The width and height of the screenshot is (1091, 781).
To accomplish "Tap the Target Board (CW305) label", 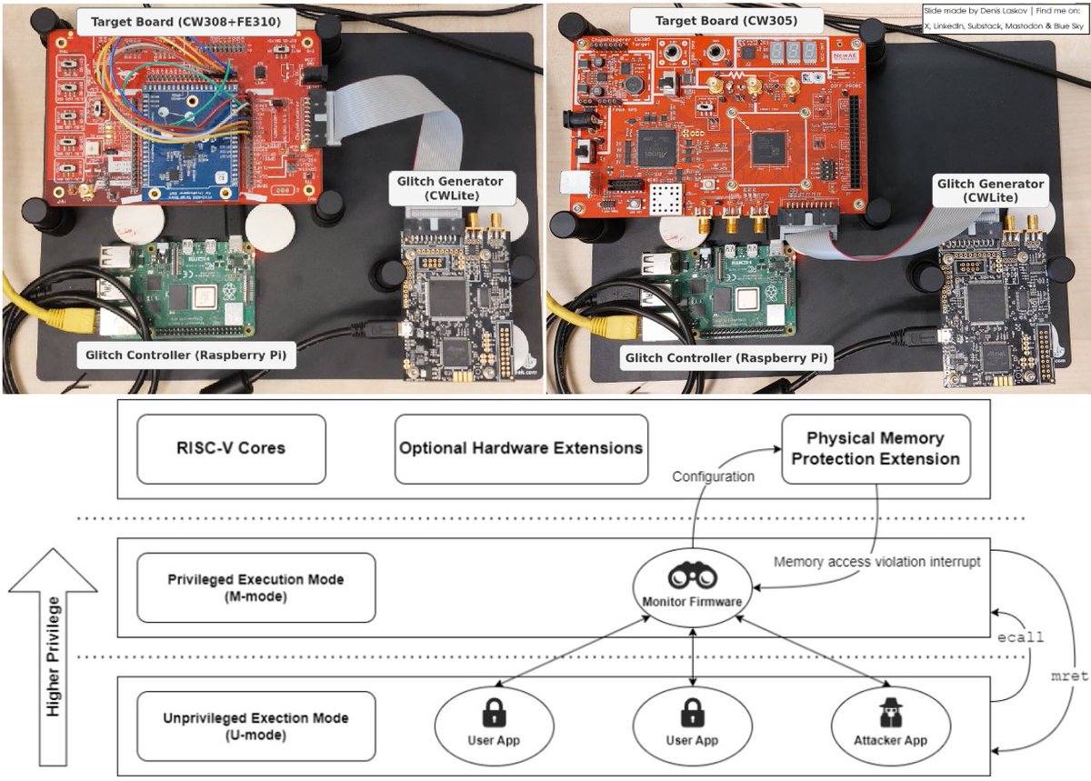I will [x=726, y=20].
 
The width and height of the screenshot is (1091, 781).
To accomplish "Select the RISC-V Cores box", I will [x=231, y=448].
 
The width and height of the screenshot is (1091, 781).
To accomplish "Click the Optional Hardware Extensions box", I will [x=521, y=448].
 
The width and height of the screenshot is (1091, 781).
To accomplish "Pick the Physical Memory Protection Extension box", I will [x=875, y=448].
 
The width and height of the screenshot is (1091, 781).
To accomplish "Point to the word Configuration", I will [x=713, y=476].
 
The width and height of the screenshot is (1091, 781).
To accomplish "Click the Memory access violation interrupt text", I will [x=876, y=562].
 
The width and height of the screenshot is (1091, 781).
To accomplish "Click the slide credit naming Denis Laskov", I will [x=1004, y=18].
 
